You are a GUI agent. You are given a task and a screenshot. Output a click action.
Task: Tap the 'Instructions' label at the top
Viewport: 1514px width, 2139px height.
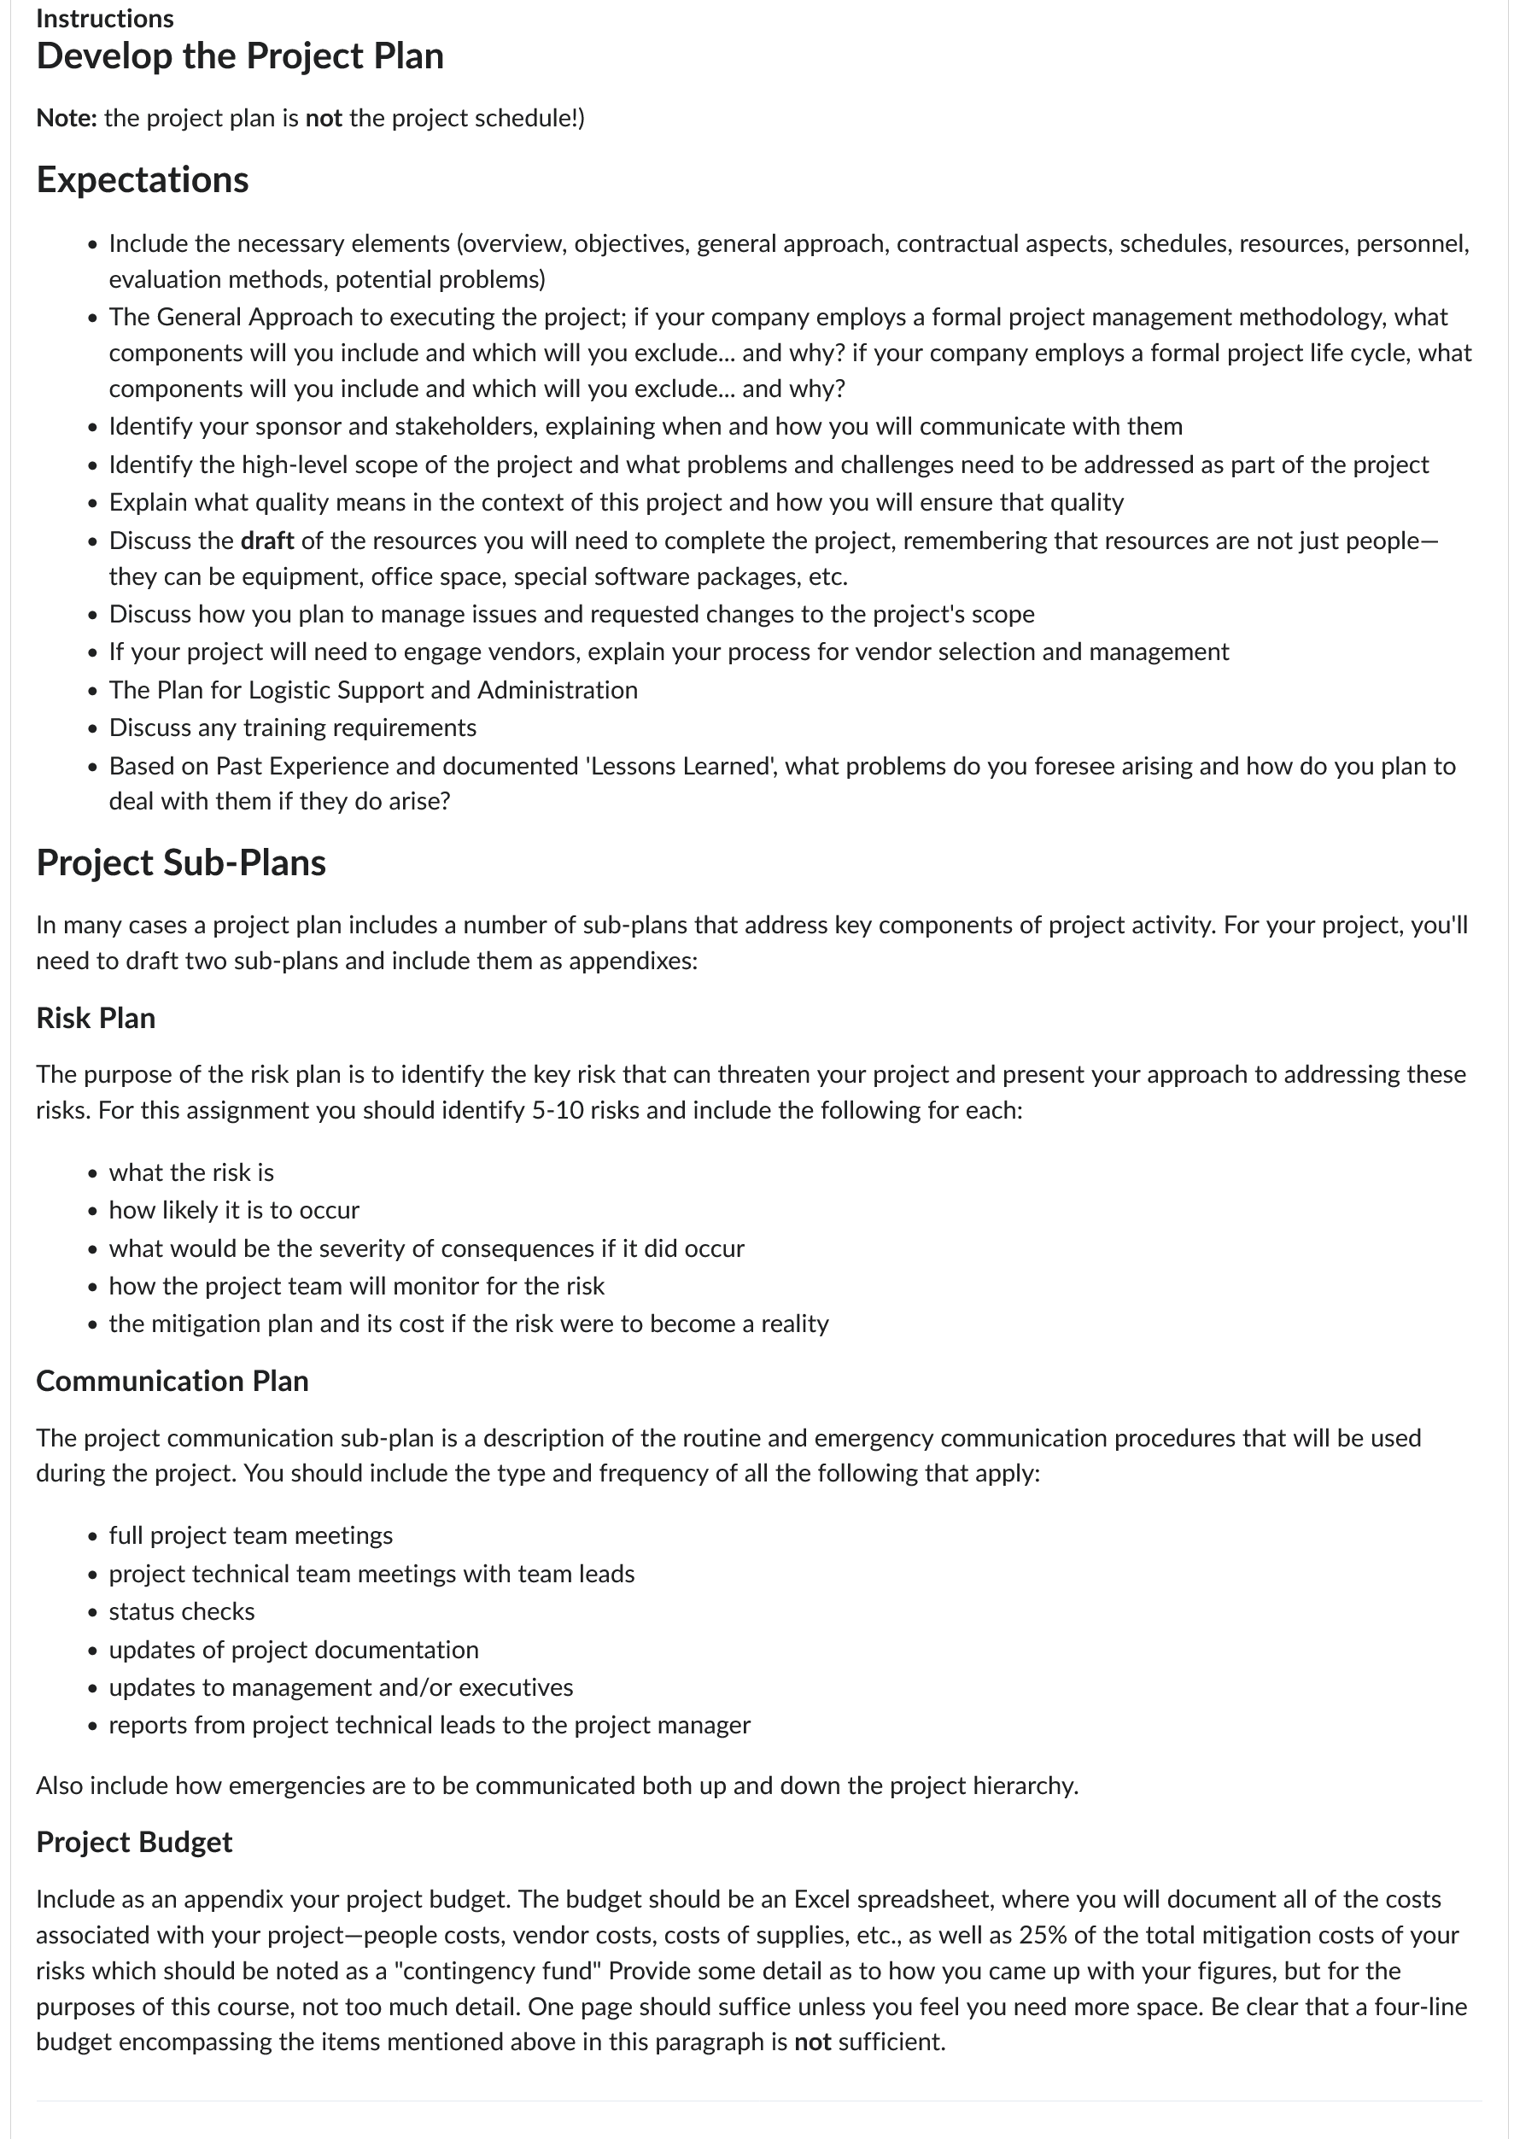point(104,19)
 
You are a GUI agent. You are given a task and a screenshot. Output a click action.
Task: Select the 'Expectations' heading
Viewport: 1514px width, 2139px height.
point(142,179)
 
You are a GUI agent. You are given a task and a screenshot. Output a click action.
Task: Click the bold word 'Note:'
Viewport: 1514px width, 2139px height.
point(67,119)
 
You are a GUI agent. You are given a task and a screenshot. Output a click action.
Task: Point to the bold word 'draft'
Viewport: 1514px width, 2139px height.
point(266,541)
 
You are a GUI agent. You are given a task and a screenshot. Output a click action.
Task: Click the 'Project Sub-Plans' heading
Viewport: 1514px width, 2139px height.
point(181,862)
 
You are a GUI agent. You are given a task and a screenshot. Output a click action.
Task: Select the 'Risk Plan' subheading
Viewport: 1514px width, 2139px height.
point(95,1018)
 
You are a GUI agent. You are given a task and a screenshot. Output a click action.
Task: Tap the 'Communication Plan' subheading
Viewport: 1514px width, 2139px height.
point(172,1381)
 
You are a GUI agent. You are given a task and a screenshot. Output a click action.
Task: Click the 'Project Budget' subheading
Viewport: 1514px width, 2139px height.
point(134,1842)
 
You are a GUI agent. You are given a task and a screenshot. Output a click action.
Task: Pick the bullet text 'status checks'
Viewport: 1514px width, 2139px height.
point(182,1611)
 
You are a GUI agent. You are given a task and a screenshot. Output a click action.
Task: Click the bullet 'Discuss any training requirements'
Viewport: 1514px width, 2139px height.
point(293,727)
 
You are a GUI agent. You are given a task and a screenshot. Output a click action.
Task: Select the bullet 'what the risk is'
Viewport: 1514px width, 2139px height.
point(191,1172)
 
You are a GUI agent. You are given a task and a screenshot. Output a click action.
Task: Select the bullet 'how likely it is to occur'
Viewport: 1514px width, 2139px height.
point(234,1210)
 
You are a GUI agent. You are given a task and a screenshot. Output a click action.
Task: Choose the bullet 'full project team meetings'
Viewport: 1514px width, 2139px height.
point(251,1535)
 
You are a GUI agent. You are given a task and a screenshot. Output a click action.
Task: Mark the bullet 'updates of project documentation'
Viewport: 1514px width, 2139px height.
point(294,1649)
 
